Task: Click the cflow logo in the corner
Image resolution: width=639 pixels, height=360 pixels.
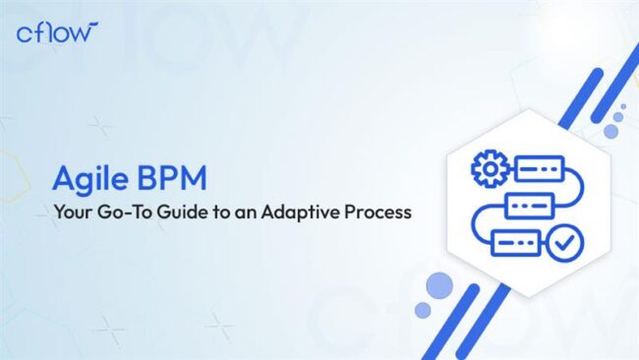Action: (x=57, y=31)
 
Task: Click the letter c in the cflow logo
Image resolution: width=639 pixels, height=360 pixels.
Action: (x=24, y=34)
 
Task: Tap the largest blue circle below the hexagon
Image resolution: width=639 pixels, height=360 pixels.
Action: (x=439, y=286)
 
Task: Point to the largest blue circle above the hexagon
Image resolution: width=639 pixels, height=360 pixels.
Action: (x=610, y=130)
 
